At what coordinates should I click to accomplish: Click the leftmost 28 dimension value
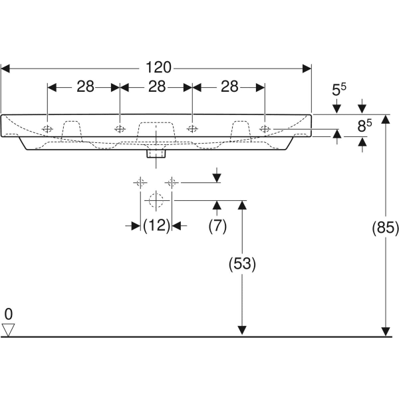pyautogui.click(x=84, y=86)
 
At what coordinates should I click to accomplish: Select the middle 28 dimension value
pyautogui.click(x=156, y=86)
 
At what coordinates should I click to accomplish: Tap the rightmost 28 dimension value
pyautogui.click(x=229, y=86)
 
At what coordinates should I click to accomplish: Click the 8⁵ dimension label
pyautogui.click(x=364, y=124)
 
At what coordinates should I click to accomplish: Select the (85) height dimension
pyautogui.click(x=384, y=228)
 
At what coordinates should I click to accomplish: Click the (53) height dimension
pyautogui.click(x=242, y=263)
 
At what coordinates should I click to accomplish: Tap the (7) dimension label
pyautogui.click(x=217, y=226)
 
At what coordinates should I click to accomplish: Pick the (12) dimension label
pyautogui.click(x=156, y=226)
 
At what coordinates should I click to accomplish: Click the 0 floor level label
pyautogui.click(x=8, y=313)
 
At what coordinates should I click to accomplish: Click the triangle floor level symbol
pyautogui.click(x=9, y=329)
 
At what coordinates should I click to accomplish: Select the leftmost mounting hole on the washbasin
pyautogui.click(x=48, y=128)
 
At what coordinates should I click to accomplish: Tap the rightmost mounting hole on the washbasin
pyautogui.click(x=265, y=128)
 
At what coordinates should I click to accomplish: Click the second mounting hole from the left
pyautogui.click(x=120, y=128)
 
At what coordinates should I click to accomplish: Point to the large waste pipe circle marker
pyautogui.click(x=156, y=199)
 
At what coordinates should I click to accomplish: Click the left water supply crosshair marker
pyautogui.click(x=140, y=182)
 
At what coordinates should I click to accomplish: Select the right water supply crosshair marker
pyautogui.click(x=172, y=182)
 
